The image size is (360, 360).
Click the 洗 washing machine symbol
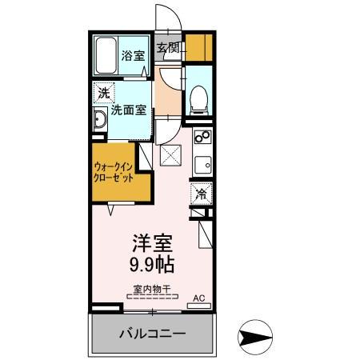coord(102,93)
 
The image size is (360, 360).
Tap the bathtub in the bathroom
coord(106,56)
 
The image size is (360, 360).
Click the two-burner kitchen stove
coord(202,138)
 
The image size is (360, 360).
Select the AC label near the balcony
coord(200,298)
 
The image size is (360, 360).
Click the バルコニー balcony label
coord(153,334)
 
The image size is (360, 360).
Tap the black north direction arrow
coord(256,337)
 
